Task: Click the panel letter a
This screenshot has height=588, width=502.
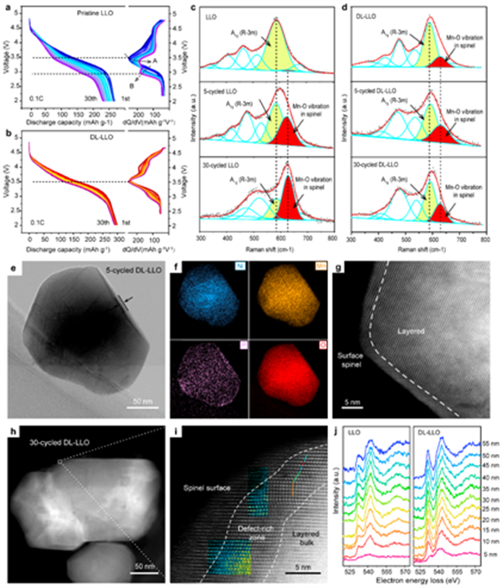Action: [x=8, y=8]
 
